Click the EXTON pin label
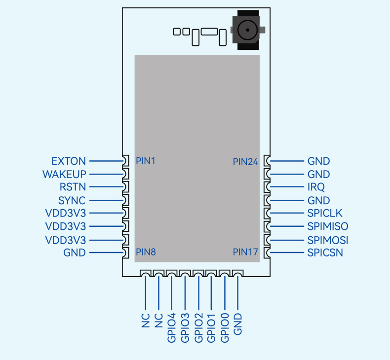click(69, 161)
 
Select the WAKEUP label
click(64, 174)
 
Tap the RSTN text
click(73, 187)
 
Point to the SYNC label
click(72, 201)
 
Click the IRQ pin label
click(316, 187)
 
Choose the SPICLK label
click(325, 213)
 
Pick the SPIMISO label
click(328, 226)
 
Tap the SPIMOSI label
click(328, 240)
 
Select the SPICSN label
click(325, 252)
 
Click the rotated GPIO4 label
click(172, 328)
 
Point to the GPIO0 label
click(225, 328)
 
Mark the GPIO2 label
click(198, 328)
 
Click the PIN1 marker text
click(146, 161)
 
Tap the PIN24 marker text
click(245, 162)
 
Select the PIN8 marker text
click(146, 252)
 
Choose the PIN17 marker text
click(245, 252)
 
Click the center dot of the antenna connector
click(247, 30)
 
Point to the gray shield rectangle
click(197, 158)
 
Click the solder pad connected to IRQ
click(267, 187)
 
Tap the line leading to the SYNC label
click(107, 201)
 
